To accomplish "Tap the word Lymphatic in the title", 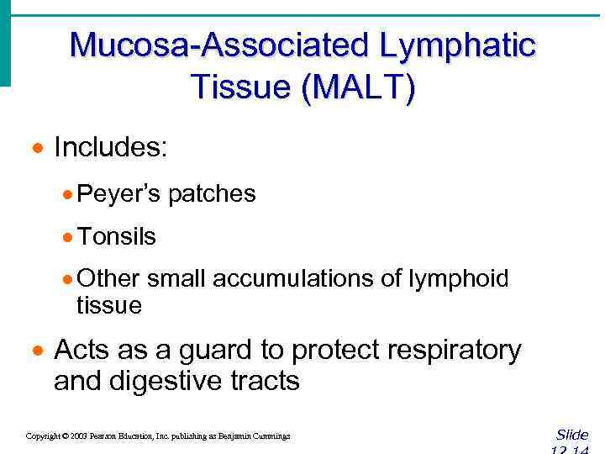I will pos(457,45).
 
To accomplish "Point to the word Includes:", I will pos(111,148).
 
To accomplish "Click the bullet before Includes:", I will pos(37,150).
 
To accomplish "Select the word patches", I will pos(212,194).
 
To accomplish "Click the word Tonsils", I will pos(116,236).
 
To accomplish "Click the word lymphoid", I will pos(459,278).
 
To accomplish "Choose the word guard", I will pos(214,350).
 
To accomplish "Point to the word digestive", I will pos(166,381).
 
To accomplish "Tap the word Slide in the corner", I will pos(571,435).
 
